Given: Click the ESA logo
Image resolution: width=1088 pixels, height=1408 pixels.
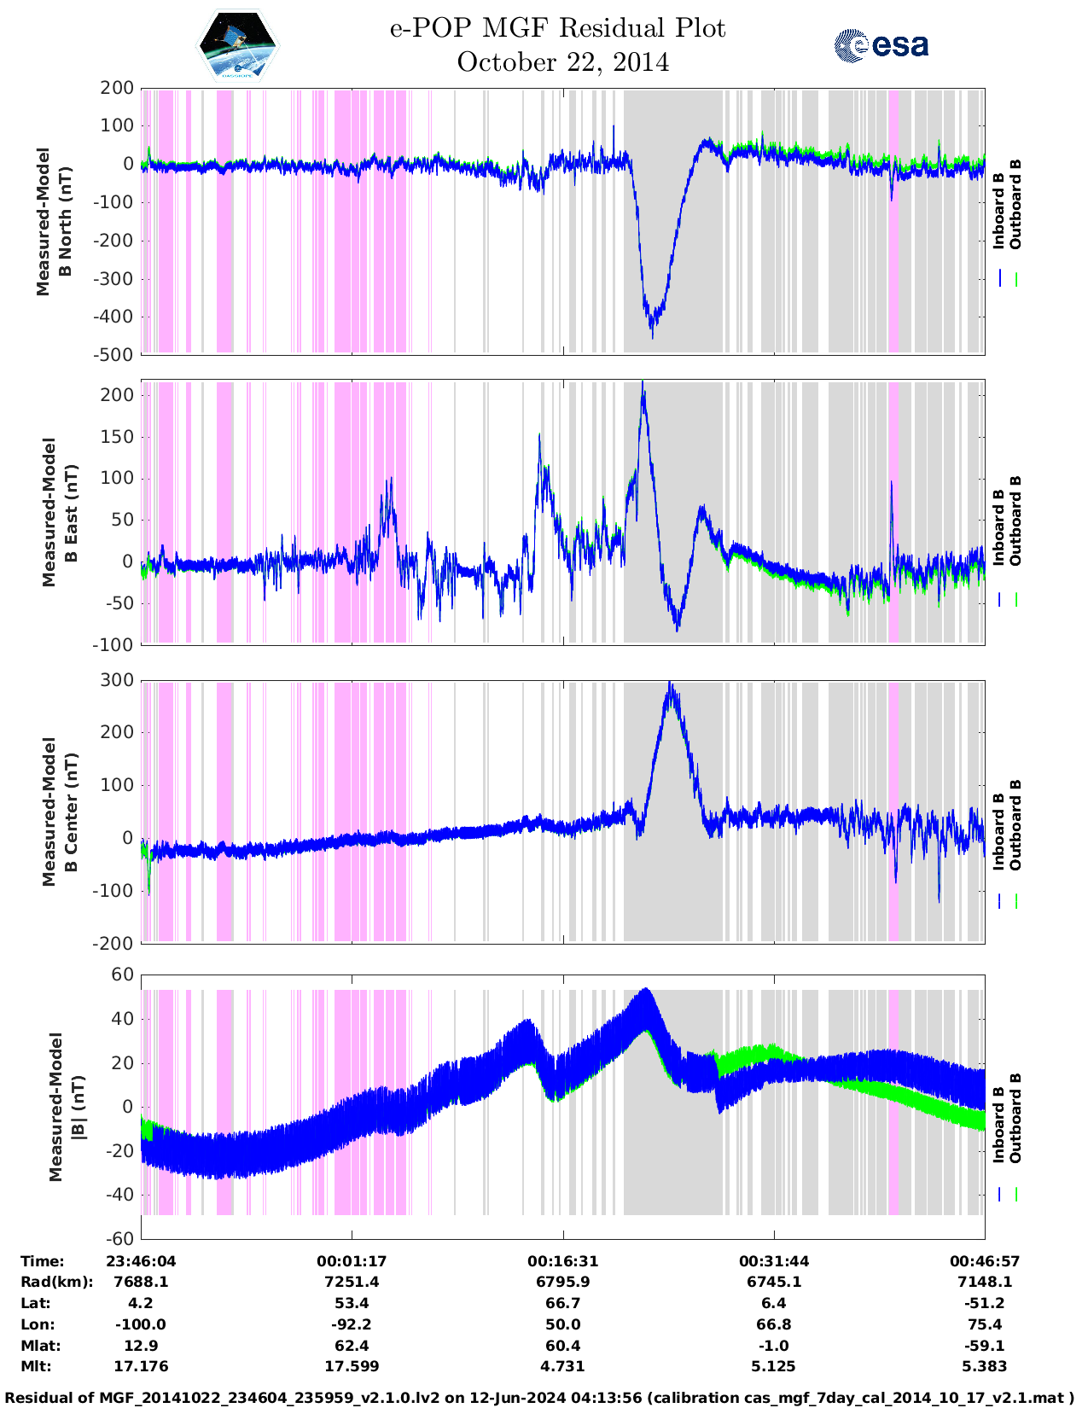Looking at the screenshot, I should [881, 45].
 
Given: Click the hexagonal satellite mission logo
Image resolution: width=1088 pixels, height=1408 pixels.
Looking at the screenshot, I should [238, 45].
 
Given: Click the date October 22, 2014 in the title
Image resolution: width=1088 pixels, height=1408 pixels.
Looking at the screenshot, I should [562, 62].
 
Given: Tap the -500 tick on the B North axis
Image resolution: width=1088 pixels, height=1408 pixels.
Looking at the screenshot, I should [117, 355].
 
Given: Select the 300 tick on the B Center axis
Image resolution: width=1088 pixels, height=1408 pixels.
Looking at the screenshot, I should [117, 680].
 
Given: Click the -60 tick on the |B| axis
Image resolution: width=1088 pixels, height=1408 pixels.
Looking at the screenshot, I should [121, 1238].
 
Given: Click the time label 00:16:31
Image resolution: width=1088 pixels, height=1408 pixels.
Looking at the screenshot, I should [562, 1261].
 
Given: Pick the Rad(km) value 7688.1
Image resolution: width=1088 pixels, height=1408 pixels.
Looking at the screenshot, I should [141, 1282].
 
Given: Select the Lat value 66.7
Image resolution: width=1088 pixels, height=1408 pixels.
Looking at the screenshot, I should [562, 1303].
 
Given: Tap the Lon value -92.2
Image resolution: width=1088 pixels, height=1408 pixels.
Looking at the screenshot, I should [352, 1324].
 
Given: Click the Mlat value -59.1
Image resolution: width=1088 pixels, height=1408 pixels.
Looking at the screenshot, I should [985, 1346].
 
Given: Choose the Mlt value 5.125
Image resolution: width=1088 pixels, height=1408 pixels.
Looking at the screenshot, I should [774, 1366].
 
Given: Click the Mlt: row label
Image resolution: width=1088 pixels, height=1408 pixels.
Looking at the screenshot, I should [36, 1366].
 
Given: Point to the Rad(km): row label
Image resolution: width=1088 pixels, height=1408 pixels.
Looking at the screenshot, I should [56, 1282].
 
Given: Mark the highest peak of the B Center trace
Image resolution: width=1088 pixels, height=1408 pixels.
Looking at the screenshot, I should [671, 683].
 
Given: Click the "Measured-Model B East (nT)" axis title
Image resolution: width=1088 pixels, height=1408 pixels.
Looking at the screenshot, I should [61, 512].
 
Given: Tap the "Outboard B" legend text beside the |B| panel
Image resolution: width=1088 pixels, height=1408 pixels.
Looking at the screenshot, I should [1015, 1118].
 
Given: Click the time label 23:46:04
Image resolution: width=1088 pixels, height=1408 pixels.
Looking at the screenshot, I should [141, 1261].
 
